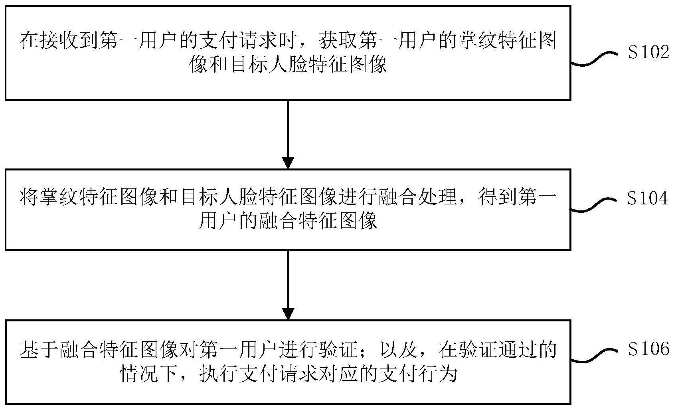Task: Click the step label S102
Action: (x=649, y=52)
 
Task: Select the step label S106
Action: (x=649, y=349)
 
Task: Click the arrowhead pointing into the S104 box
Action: (x=288, y=163)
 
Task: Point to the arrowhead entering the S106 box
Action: (x=288, y=314)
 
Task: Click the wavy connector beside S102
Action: (x=594, y=59)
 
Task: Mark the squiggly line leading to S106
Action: (x=594, y=356)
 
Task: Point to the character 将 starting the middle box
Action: (x=30, y=197)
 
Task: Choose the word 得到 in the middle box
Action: (x=497, y=197)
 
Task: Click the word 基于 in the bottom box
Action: (x=39, y=349)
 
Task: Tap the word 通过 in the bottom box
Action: (x=517, y=349)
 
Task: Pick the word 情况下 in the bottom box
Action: (x=148, y=374)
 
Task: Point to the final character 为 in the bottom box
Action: (x=448, y=374)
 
